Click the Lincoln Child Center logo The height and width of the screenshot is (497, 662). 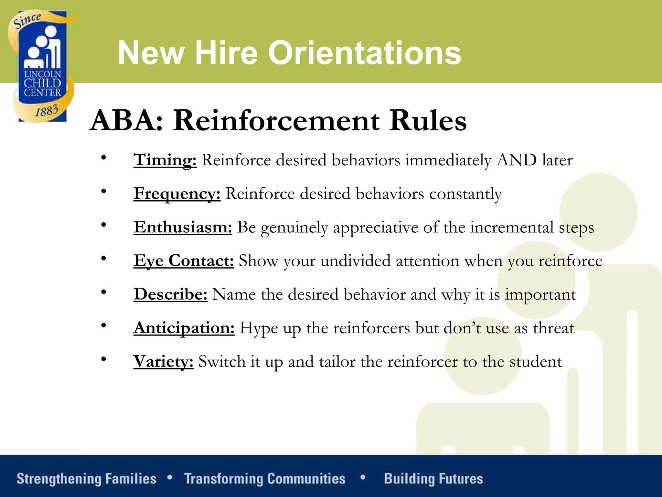click(42, 66)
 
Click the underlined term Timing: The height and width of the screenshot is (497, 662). click(165, 160)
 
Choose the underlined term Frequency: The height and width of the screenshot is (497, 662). click(177, 194)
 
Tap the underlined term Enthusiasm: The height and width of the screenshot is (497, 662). click(183, 227)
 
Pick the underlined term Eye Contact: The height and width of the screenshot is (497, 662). click(184, 261)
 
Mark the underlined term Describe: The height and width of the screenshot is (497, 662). click(170, 295)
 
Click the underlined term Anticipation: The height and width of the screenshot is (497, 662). click(184, 328)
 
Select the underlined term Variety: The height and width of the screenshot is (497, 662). click(163, 362)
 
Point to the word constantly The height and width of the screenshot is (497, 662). click(465, 194)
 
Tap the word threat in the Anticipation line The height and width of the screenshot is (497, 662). click(553, 328)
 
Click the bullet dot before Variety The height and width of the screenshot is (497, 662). click(103, 359)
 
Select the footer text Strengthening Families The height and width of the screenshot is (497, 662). click(86, 479)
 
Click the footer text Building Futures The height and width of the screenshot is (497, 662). click(433, 479)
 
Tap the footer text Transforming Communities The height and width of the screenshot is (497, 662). click(265, 479)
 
